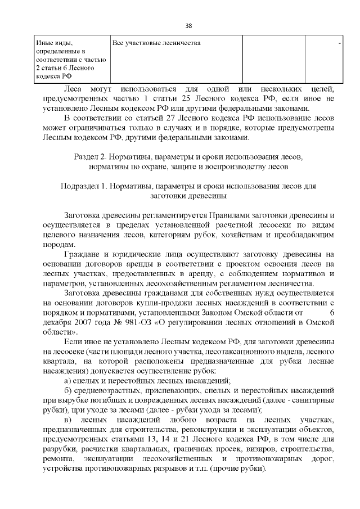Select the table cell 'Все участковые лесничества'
(x=156, y=43)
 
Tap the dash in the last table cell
(x=339, y=43)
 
